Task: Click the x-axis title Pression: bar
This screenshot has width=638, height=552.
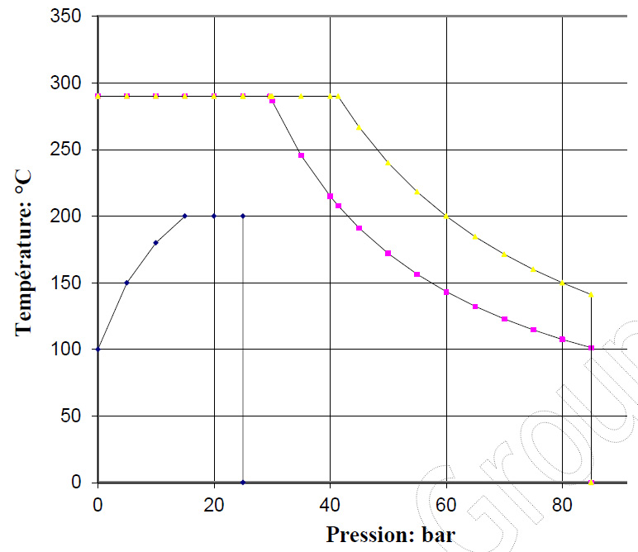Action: tap(390, 534)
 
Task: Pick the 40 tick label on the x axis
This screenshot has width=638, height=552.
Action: tap(330, 502)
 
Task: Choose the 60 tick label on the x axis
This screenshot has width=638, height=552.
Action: tap(446, 502)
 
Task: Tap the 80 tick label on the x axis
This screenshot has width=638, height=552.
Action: tap(562, 502)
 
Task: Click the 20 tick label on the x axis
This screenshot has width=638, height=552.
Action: tap(214, 502)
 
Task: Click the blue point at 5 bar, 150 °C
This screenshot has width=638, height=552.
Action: tap(126, 283)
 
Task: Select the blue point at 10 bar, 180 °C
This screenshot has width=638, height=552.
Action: tap(155, 242)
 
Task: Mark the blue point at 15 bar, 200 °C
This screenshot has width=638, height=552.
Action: tap(184, 216)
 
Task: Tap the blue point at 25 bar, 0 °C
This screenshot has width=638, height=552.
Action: tap(243, 482)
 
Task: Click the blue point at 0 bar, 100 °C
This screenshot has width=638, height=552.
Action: tap(98, 349)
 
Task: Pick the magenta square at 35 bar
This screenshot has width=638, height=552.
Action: tap(301, 155)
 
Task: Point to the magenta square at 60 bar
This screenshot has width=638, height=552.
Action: tap(446, 292)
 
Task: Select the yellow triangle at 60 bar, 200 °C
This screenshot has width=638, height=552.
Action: tap(446, 216)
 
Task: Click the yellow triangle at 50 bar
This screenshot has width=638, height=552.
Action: tap(388, 163)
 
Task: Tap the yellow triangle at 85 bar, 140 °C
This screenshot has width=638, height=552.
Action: tap(591, 295)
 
